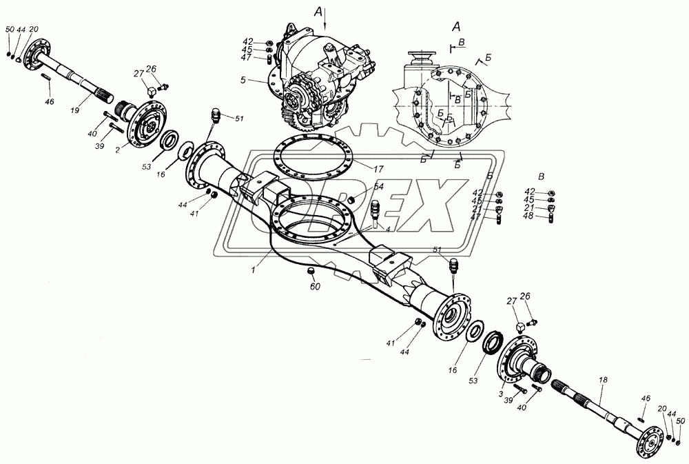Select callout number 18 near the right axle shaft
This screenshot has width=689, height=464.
tap(603, 379)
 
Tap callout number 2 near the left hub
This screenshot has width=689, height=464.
tap(119, 149)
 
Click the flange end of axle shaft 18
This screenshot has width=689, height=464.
tap(650, 437)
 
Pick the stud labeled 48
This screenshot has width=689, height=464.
tap(551, 219)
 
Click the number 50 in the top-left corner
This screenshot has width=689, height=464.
tap(9, 30)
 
